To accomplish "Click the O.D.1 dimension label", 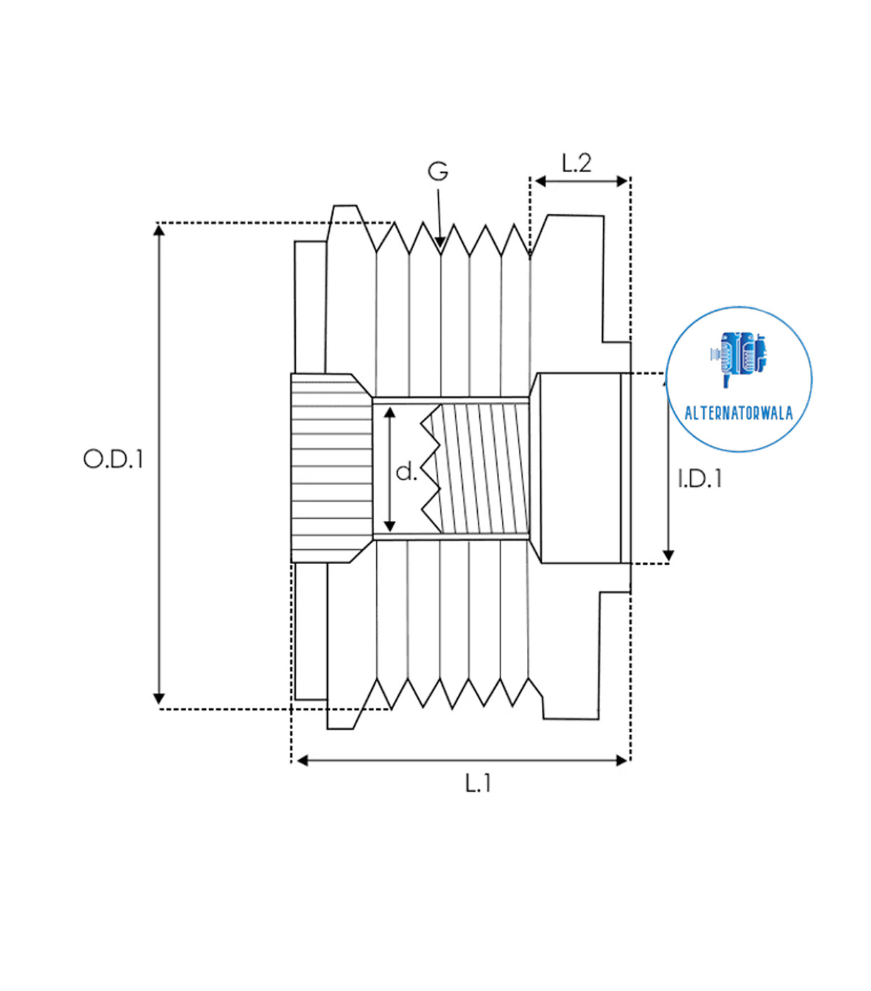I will point(113,459).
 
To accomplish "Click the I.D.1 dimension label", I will point(700,479).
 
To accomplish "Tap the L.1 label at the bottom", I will point(478,783).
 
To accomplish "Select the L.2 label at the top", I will point(576,163).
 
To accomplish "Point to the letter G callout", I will point(438,171).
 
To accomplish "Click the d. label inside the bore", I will point(406,472).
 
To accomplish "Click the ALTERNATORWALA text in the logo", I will point(738,413).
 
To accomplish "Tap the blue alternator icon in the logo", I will point(739,356).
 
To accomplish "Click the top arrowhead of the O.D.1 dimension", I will point(159,230).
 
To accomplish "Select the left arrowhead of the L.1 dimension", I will point(302,761).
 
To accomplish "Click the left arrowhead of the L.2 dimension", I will point(540,181).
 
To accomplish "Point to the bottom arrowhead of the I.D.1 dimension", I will point(668,555).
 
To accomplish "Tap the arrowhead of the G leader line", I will point(441,243).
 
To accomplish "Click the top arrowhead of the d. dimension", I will point(390,413).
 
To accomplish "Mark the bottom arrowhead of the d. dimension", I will point(390,526).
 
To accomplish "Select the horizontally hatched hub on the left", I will point(331,468).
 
